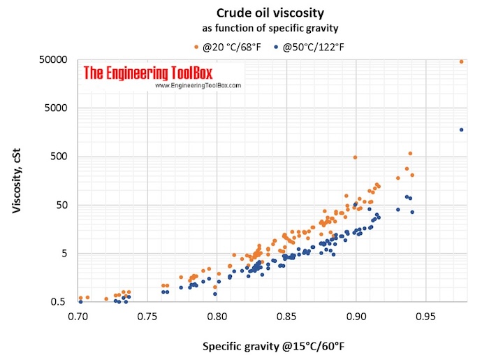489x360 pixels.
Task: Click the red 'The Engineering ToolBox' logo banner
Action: click(147, 72)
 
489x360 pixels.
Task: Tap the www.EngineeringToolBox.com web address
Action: click(197, 85)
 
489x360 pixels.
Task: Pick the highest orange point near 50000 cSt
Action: click(461, 62)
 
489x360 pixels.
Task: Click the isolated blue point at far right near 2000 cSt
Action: click(461, 129)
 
